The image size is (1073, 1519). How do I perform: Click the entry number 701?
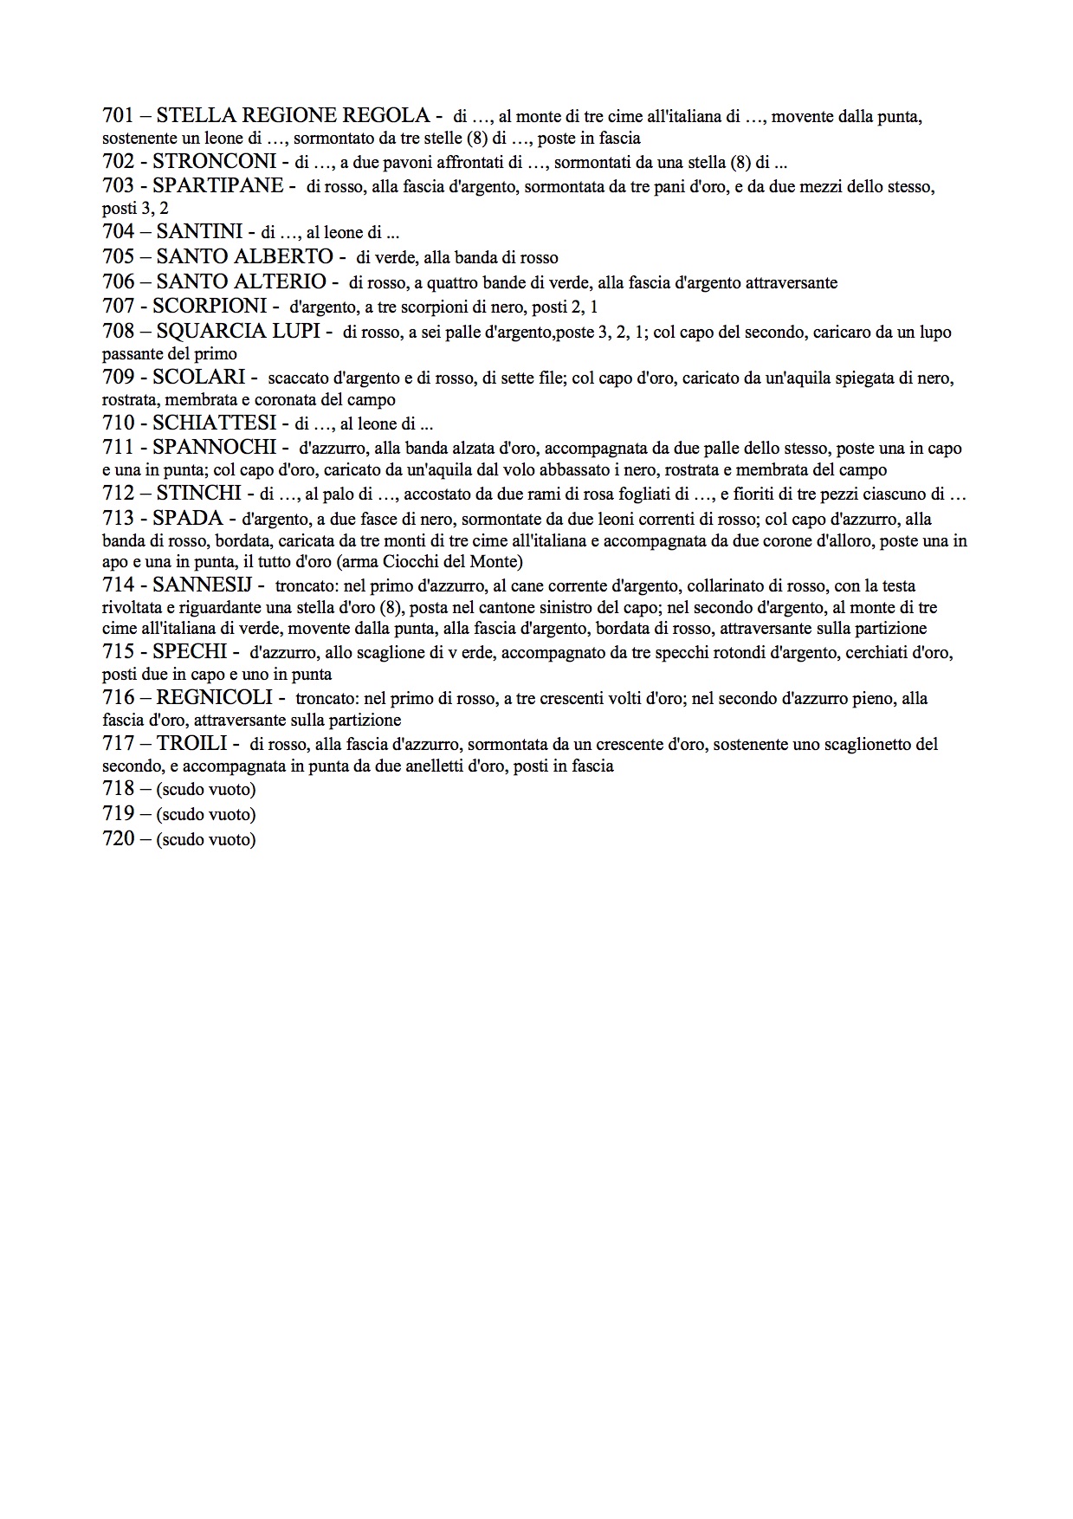tap(118, 116)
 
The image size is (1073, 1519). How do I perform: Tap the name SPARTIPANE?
tap(217, 186)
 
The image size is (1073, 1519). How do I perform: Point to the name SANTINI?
tap(199, 232)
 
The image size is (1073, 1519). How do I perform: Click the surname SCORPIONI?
tap(210, 307)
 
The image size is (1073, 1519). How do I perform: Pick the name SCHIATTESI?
tap(215, 423)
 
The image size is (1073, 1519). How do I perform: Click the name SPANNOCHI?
tap(214, 448)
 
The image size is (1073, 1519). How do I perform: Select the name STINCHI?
tap(198, 494)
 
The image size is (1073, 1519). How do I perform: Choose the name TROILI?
tap(191, 744)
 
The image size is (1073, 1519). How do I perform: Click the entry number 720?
tap(118, 839)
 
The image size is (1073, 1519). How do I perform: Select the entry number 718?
tap(118, 789)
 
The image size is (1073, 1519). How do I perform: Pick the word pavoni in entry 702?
tap(374, 163)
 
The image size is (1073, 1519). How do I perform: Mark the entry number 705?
tap(118, 257)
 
